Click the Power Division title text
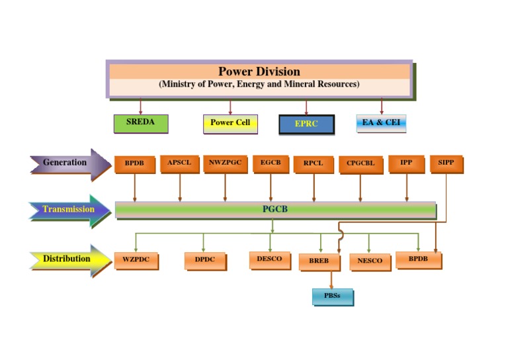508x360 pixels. (259, 71)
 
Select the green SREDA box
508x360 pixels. (140, 123)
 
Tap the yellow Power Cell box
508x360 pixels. (230, 123)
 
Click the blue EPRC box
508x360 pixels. (306, 124)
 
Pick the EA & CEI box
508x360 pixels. (381, 123)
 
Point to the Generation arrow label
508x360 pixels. (65, 163)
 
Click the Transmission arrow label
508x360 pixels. (68, 210)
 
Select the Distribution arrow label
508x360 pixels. (66, 259)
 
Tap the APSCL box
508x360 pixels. (179, 163)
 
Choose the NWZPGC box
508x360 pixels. (224, 163)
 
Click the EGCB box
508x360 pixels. (271, 163)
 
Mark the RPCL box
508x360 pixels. (314, 164)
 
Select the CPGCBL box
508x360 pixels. (360, 165)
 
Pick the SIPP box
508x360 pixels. (446, 163)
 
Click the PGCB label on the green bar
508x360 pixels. (275, 210)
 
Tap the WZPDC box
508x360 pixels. (136, 261)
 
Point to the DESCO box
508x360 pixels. (270, 259)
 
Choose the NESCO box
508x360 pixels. (370, 261)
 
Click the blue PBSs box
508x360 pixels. (332, 296)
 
